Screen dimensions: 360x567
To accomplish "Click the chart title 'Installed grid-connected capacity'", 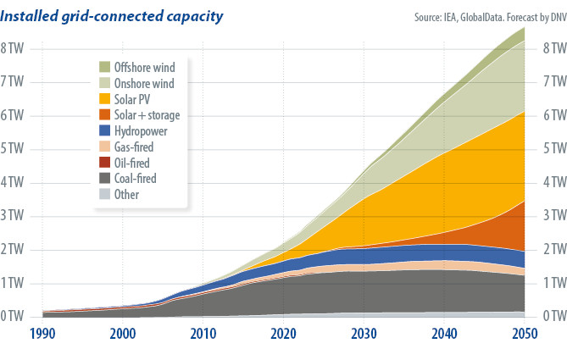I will tap(114, 16).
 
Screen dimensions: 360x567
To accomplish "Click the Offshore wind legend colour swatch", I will tap(105, 67).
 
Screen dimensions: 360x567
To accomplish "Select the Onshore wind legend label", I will tap(144, 83).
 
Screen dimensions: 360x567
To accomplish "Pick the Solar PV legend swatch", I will tap(105, 99).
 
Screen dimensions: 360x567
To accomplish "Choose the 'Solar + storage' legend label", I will tap(147, 114).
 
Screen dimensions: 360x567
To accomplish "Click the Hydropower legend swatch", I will tap(105, 131).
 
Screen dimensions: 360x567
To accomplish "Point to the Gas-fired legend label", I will tap(135, 147).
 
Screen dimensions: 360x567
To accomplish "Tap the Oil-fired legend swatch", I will tap(105, 163).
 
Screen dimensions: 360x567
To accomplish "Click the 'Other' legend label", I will tap(126, 195).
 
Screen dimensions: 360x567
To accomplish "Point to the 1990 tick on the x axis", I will tap(43, 334).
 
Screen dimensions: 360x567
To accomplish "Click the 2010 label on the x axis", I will tap(203, 334).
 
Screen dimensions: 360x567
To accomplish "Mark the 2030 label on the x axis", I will tap(364, 334).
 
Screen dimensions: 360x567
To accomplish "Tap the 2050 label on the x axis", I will tap(524, 334).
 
